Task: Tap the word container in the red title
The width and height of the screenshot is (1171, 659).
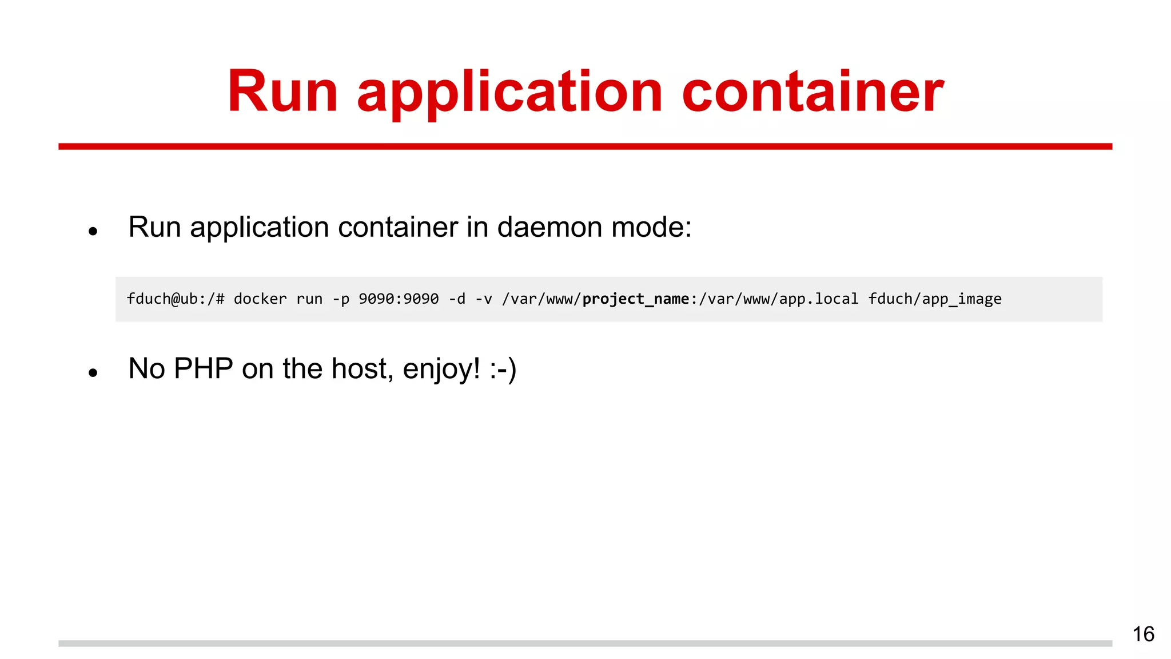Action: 812,92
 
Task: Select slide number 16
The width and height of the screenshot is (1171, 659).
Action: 1143,634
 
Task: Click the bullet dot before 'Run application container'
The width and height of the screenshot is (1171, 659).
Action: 93,232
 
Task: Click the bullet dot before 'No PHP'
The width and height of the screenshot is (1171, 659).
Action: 93,373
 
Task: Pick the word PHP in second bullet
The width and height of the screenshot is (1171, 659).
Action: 203,368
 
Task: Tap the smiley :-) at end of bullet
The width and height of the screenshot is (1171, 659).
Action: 503,369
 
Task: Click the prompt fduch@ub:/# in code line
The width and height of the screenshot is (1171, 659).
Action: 176,299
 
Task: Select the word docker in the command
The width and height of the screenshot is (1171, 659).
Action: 260,299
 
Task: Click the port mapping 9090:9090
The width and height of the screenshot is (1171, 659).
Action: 399,299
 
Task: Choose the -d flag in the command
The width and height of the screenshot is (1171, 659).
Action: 457,299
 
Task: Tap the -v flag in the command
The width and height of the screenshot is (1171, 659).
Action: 484,299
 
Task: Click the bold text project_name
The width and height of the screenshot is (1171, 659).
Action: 636,299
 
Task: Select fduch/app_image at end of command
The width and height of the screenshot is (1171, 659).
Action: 935,299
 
